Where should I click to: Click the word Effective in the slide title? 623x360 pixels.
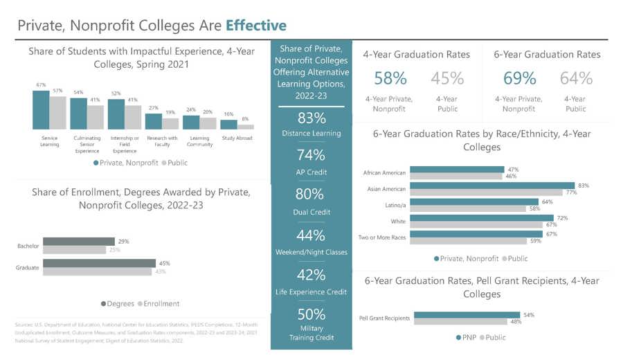click(x=255, y=26)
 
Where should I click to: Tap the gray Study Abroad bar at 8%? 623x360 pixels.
click(x=246, y=127)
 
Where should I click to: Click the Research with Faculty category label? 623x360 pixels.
click(x=161, y=141)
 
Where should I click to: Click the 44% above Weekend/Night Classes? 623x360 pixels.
click(x=311, y=235)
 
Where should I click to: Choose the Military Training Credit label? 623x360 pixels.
click(x=311, y=332)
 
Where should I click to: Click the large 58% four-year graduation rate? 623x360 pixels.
click(x=390, y=78)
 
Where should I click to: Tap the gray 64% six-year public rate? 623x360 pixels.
click(x=576, y=78)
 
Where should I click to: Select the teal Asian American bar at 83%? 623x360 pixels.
click(x=492, y=186)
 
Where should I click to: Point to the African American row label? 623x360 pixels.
click(x=384, y=172)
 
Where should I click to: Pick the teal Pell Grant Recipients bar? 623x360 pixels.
click(x=464, y=315)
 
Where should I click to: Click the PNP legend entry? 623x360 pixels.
click(x=463, y=337)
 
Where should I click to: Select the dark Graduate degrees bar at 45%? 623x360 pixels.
click(x=99, y=263)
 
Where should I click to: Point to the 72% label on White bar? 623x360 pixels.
click(x=562, y=217)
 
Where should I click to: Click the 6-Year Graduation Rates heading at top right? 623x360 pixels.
click(x=547, y=54)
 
